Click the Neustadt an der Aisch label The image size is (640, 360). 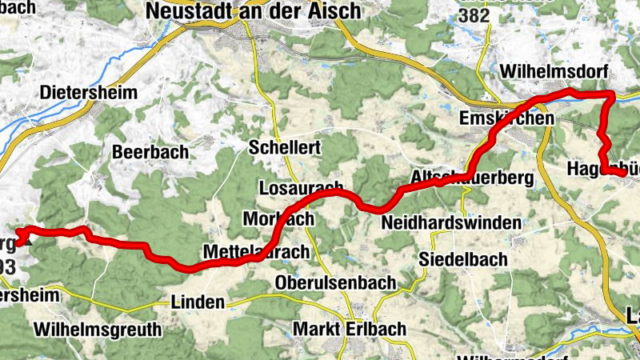252,10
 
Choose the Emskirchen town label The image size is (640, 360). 507,118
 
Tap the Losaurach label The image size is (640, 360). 302,188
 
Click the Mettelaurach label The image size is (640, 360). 256,252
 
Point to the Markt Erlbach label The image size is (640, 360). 350,329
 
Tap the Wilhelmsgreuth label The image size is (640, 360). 98,329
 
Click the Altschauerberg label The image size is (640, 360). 466,176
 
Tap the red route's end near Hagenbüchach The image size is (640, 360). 623,171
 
